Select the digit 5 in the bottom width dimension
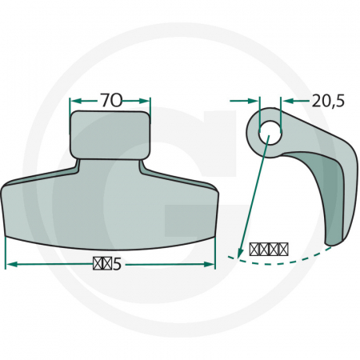(117, 264)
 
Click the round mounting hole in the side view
(270, 132)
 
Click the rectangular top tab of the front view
(110, 134)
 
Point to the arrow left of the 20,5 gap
(254, 101)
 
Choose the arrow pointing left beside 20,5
(286, 101)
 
